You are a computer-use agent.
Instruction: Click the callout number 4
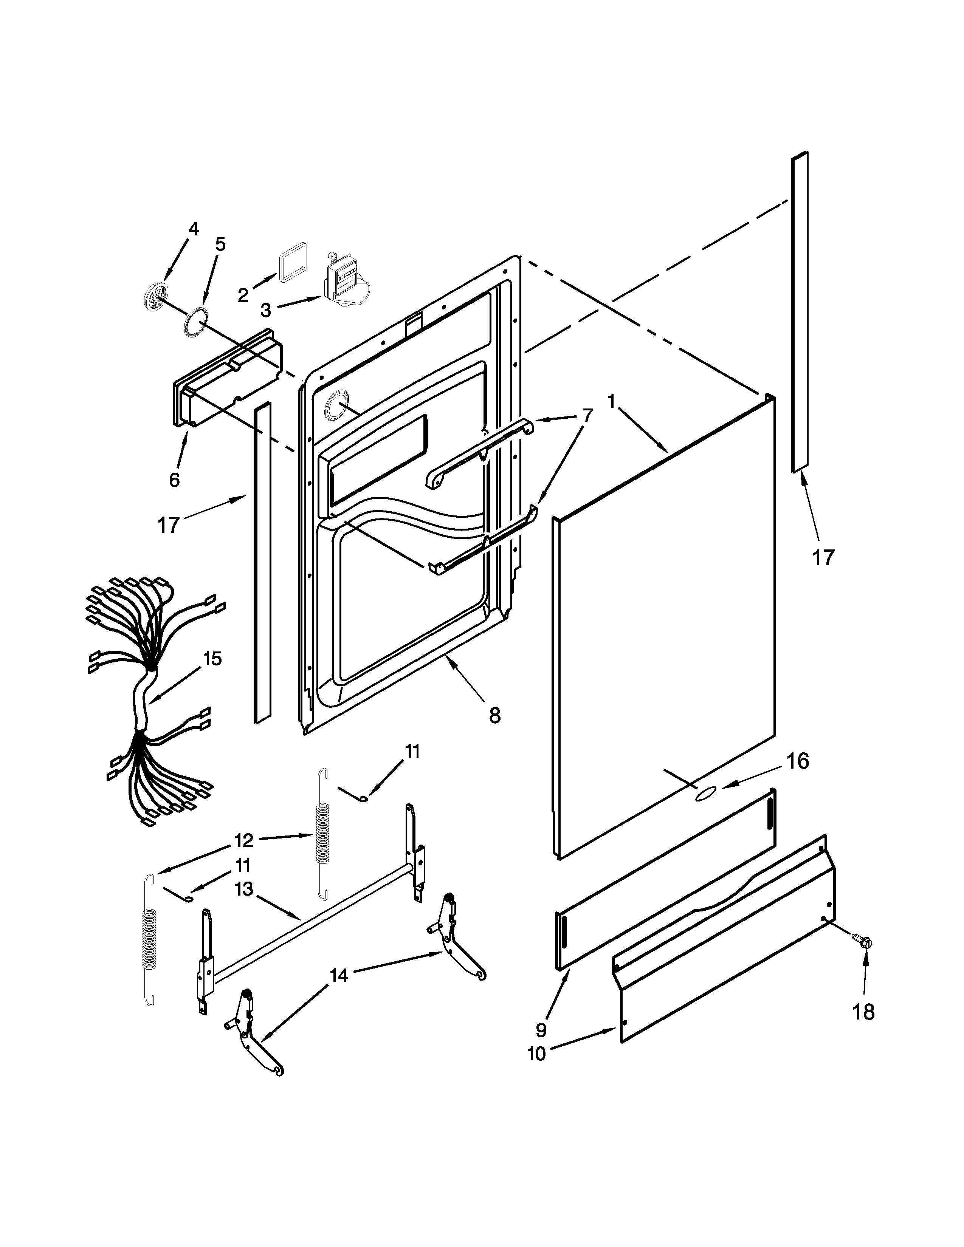point(194,229)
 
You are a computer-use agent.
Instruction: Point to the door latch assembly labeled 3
point(344,285)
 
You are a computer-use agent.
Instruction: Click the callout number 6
point(174,480)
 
